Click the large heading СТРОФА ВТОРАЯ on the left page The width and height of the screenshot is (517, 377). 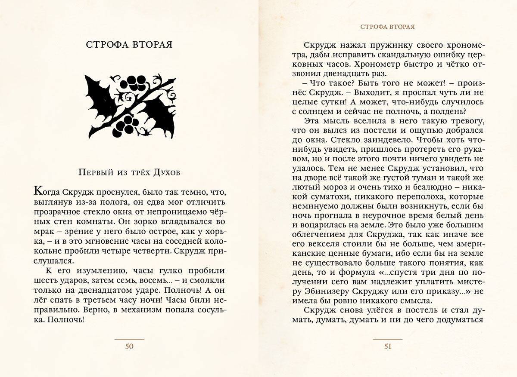coord(129,46)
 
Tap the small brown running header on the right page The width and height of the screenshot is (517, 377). coord(387,27)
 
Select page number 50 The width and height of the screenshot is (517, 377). coord(129,347)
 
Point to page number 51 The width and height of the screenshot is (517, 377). coord(388,347)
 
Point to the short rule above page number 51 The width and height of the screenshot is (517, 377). coord(388,340)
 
